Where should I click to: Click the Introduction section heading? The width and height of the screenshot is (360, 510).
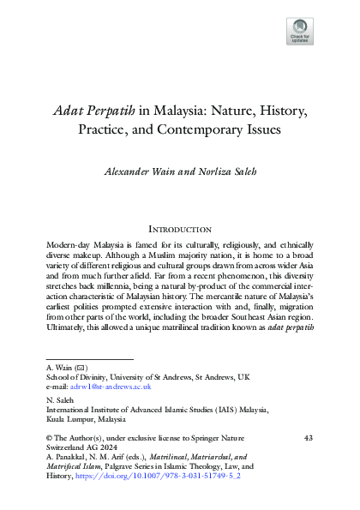180,229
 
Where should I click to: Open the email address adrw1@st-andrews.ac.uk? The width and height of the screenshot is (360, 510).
107,387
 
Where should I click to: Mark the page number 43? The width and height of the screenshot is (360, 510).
309,438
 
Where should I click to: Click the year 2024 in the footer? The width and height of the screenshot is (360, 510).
112,448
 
